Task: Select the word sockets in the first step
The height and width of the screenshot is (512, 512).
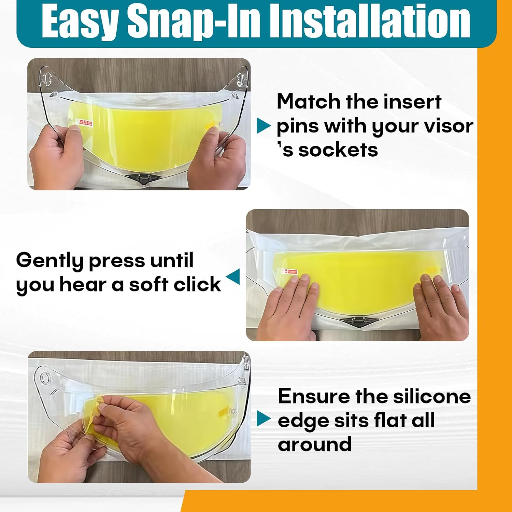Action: (x=338, y=150)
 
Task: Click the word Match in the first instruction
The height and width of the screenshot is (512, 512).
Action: (x=309, y=101)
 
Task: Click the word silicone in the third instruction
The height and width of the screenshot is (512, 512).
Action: (x=432, y=396)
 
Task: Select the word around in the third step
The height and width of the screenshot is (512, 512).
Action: (x=315, y=444)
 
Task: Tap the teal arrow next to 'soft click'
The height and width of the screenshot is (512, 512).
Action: (x=233, y=276)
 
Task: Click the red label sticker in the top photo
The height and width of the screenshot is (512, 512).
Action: (x=86, y=122)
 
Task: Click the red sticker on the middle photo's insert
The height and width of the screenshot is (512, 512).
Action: (x=289, y=272)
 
